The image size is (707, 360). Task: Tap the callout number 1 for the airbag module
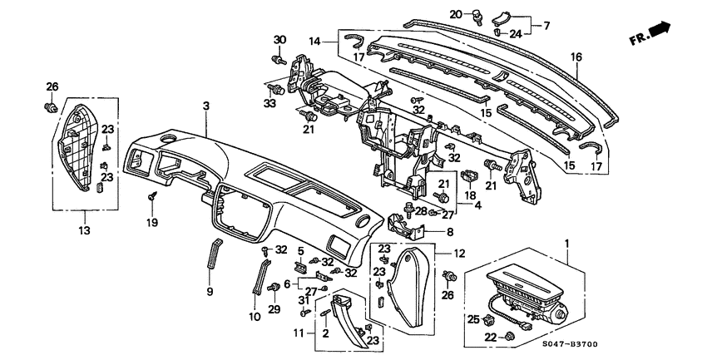click(x=568, y=244)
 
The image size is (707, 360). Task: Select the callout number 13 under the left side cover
click(x=85, y=229)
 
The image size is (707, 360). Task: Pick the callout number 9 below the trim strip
click(x=210, y=291)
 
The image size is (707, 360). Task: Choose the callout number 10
click(x=255, y=316)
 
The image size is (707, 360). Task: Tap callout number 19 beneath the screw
click(x=153, y=223)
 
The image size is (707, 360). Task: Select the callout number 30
click(x=279, y=40)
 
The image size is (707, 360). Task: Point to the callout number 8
click(x=450, y=234)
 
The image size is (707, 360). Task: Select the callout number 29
click(x=274, y=310)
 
